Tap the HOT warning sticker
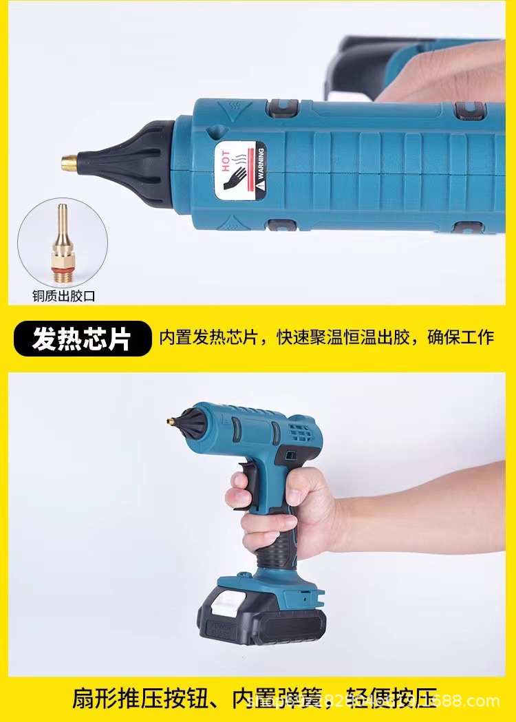tap(239, 169)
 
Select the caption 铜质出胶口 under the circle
tap(63, 296)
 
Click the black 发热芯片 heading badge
tap(81, 339)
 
